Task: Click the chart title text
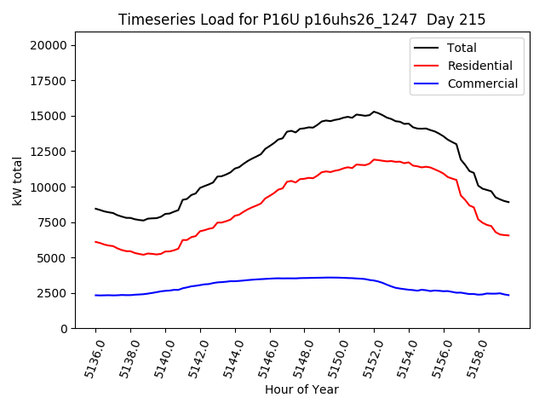[x=301, y=20]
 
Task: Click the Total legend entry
[x=462, y=48]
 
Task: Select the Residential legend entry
[x=479, y=66]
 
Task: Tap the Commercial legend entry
[x=481, y=84]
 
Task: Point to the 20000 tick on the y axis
[x=54, y=45]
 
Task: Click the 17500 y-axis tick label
[x=54, y=81]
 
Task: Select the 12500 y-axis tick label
[x=54, y=152]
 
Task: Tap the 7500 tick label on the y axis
[x=58, y=222]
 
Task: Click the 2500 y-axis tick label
[x=58, y=293]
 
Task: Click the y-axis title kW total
[x=18, y=186]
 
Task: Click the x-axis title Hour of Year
[x=301, y=389]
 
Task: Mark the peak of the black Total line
[x=374, y=112]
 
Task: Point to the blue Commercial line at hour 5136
[x=96, y=296]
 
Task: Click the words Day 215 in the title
[x=462, y=20]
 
